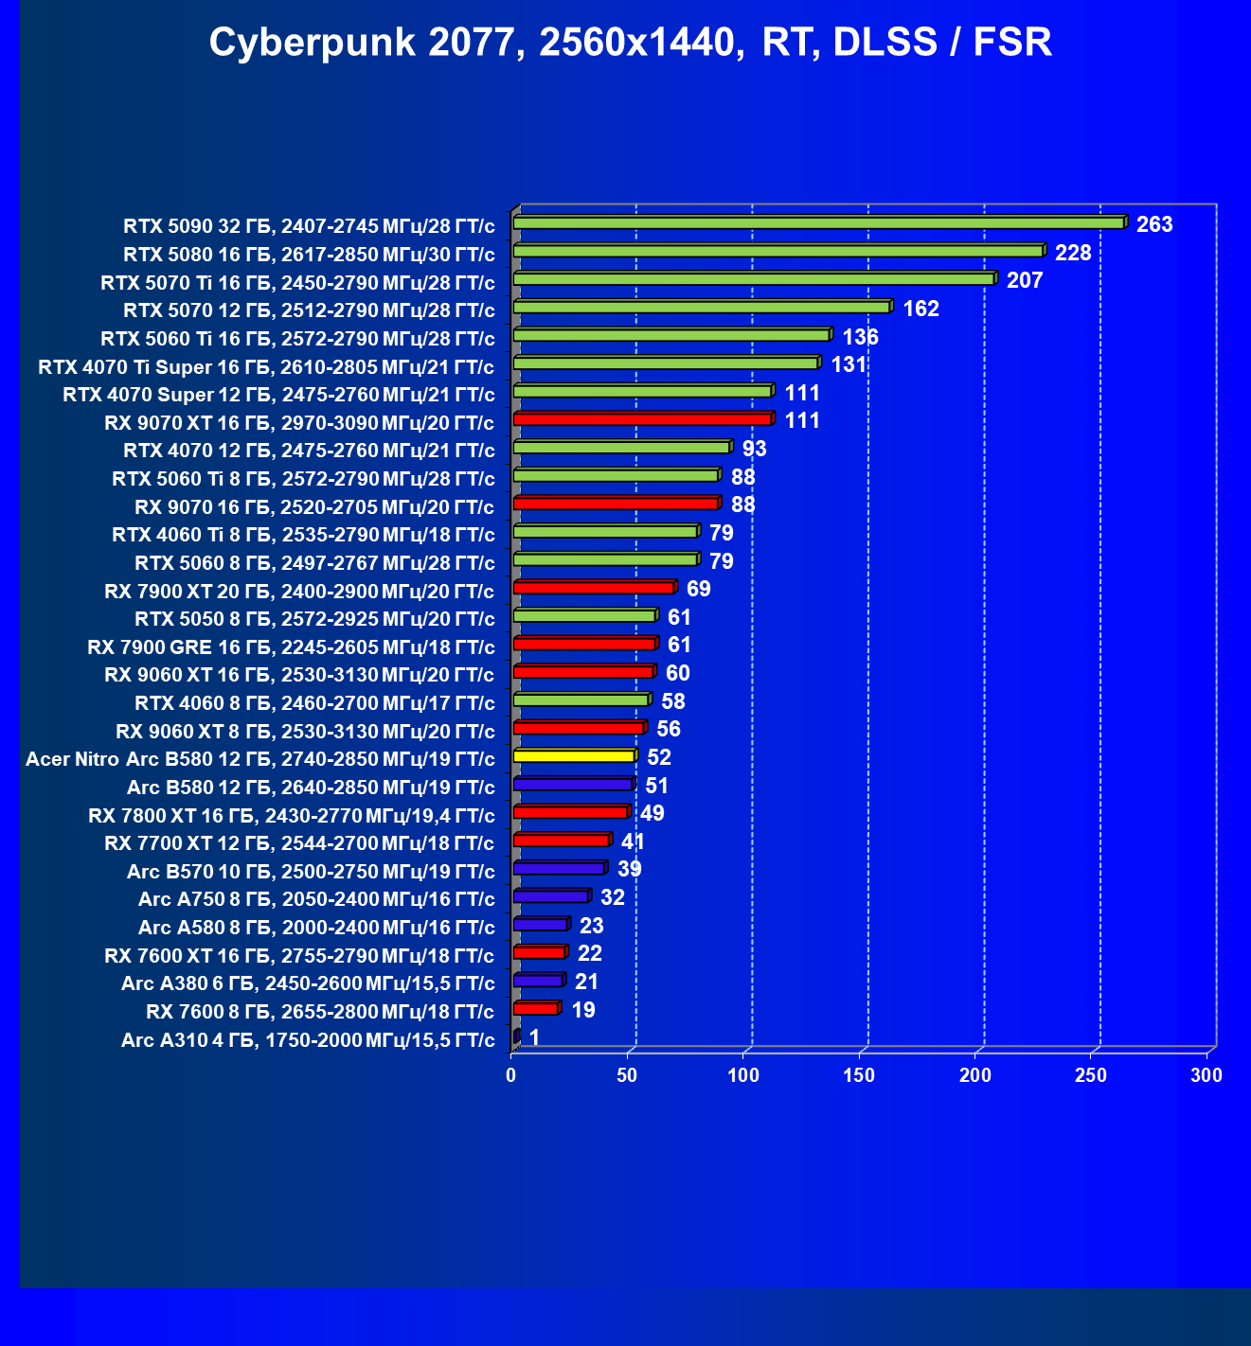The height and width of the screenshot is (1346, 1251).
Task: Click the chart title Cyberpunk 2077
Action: [x=630, y=43]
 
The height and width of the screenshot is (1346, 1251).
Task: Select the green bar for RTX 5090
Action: [x=818, y=223]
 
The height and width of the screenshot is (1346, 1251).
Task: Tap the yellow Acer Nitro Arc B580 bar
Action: [x=574, y=756]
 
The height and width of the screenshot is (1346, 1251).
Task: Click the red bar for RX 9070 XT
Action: [x=642, y=419]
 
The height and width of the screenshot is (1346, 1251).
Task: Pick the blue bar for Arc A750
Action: [x=551, y=896]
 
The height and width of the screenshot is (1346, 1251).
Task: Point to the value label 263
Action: [x=1154, y=224]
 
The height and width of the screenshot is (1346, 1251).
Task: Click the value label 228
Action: [x=1073, y=253]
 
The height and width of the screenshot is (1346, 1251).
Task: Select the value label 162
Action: [x=920, y=309]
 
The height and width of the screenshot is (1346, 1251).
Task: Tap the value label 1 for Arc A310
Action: [x=534, y=1037]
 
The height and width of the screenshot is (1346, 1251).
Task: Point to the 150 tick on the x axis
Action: [x=859, y=1075]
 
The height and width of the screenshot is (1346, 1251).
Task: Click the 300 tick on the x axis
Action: [x=1206, y=1075]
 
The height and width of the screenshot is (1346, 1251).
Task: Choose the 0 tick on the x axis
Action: [x=511, y=1075]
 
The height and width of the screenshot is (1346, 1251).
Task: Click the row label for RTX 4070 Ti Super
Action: [x=266, y=367]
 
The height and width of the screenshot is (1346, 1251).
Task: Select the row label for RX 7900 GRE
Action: [x=291, y=647]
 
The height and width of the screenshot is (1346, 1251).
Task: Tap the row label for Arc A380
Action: [x=308, y=983]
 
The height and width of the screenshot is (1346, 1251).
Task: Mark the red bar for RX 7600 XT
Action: [x=539, y=952]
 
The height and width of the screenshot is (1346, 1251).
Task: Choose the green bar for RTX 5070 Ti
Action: [x=753, y=279]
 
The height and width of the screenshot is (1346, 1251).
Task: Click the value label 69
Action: [x=698, y=589]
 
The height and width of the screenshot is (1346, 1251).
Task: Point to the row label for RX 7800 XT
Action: [x=292, y=816]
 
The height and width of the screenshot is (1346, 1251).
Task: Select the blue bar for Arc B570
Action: [x=559, y=868]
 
